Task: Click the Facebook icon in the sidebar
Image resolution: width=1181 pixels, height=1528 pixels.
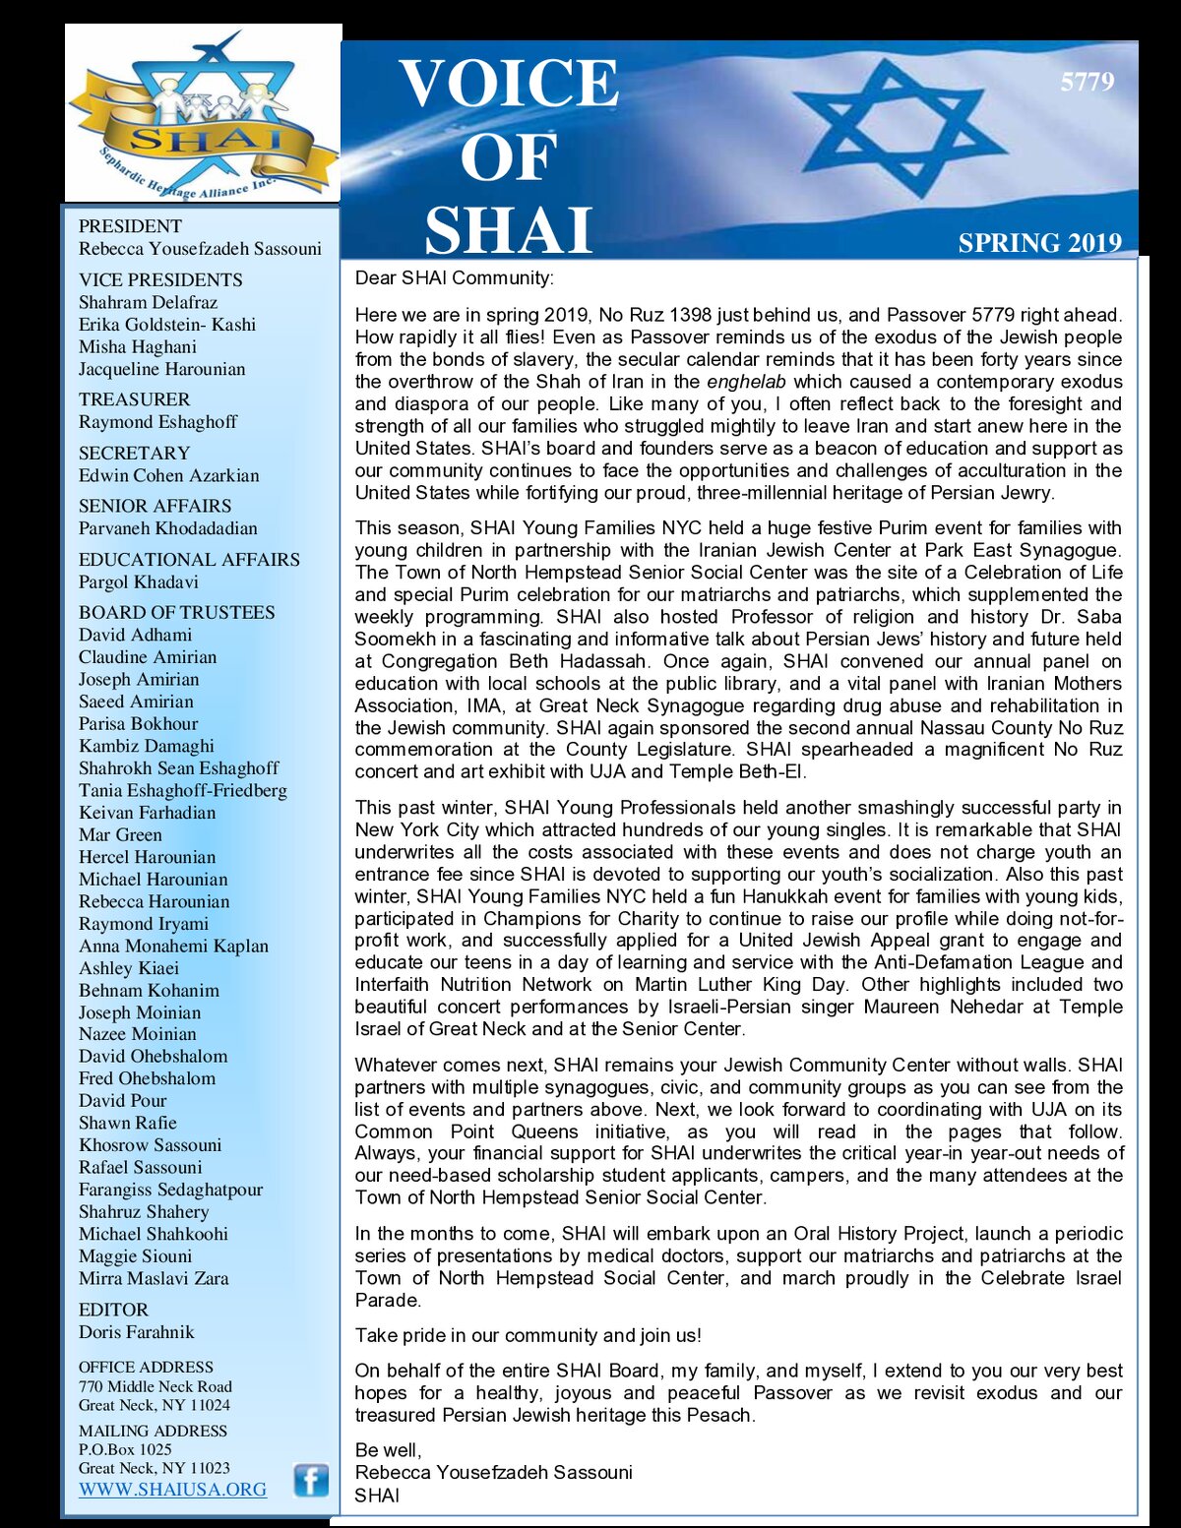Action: pos(311,1480)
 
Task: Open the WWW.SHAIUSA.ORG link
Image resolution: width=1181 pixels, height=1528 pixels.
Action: pos(172,1490)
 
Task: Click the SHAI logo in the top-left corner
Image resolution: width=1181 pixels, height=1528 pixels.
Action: pos(203,113)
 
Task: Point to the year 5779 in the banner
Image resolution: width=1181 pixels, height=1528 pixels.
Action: pos(1087,82)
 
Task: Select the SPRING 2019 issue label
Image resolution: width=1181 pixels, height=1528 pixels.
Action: pos(1039,243)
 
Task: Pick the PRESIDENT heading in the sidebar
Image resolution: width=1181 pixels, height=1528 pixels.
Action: pos(130,226)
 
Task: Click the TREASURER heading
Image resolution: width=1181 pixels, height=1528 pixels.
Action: pos(135,399)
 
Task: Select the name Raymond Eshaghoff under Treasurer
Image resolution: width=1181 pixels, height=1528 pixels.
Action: pos(157,422)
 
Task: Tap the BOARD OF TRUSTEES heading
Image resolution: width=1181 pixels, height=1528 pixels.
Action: pos(177,612)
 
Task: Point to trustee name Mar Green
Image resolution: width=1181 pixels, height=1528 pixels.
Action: pos(120,834)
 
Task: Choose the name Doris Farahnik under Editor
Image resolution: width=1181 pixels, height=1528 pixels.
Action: pos(137,1332)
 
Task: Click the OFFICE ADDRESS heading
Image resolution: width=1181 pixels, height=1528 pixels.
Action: pos(146,1367)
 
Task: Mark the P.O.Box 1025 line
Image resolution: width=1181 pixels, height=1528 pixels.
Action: pos(125,1449)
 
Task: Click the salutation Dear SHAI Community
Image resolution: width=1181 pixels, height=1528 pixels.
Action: pos(454,278)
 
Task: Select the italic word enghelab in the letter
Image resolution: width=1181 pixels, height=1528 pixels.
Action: pos(746,382)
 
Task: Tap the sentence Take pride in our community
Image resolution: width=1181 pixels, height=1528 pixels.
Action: pos(528,1335)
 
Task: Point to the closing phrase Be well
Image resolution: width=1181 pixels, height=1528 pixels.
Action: pos(388,1450)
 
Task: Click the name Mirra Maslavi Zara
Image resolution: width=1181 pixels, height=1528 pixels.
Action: pos(154,1278)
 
